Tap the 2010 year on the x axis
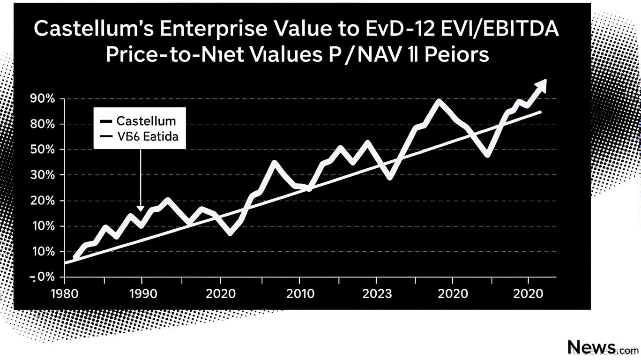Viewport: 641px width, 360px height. [300, 294]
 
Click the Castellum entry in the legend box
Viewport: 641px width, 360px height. [146, 121]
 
